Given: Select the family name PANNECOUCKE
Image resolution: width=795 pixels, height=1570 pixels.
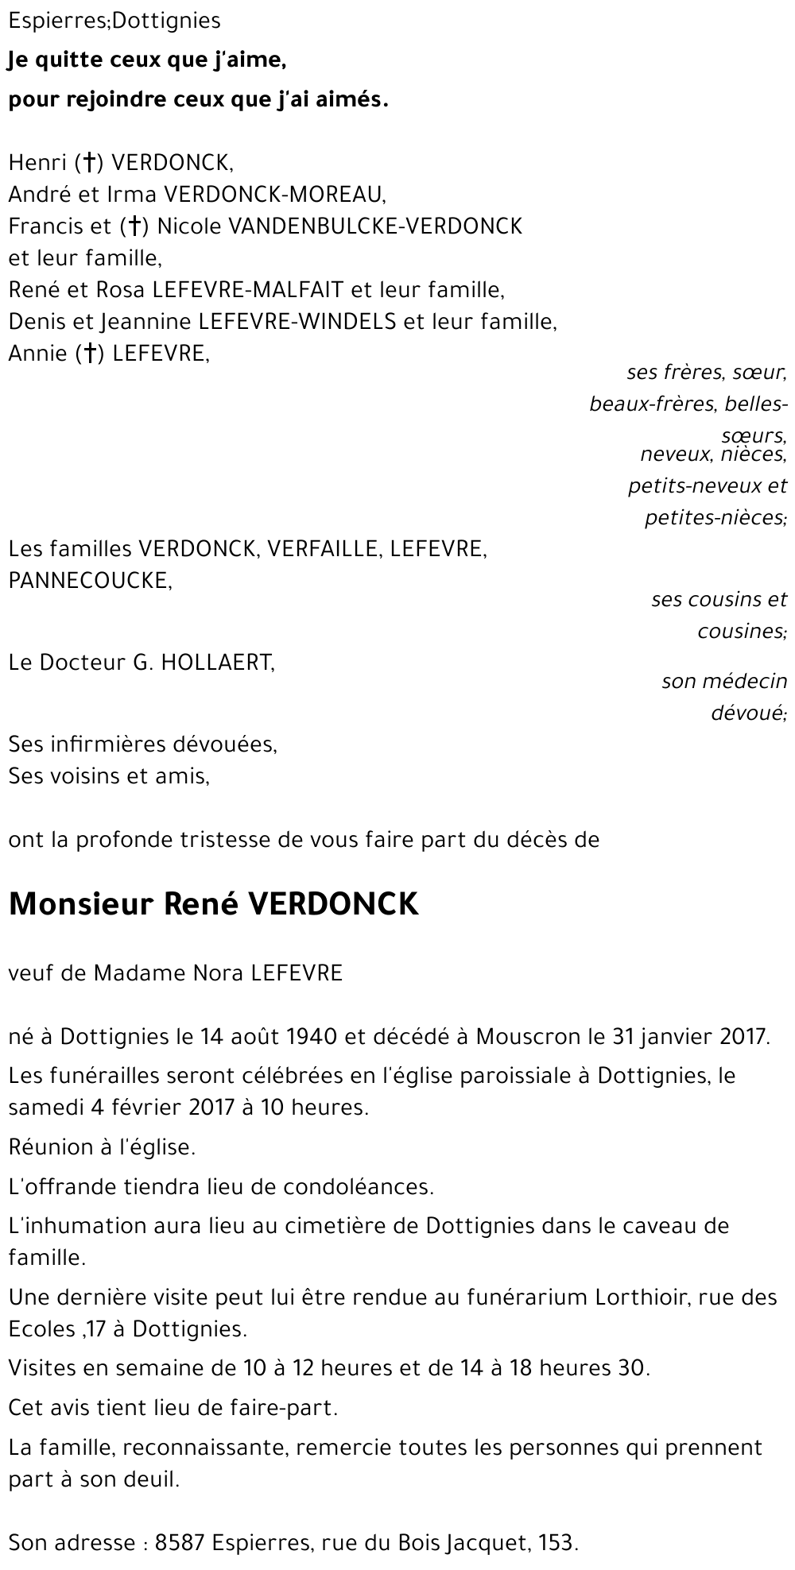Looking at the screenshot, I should coord(88,581).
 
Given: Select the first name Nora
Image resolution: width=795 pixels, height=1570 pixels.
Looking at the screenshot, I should coord(219,973).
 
